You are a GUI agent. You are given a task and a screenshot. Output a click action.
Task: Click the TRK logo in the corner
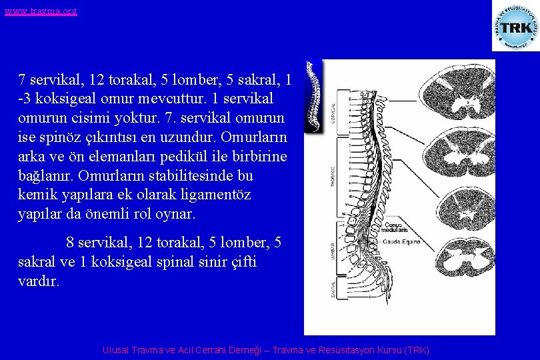pyautogui.click(x=515, y=27)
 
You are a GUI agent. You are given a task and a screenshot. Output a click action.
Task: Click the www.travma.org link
pyautogui.click(x=41, y=11)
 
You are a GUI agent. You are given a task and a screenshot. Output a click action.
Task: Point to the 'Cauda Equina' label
pyautogui.click(x=401, y=242)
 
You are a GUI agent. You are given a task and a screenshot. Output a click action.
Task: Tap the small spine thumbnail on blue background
pyautogui.click(x=313, y=97)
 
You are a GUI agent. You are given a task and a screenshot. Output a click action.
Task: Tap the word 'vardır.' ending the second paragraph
pyautogui.click(x=39, y=281)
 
